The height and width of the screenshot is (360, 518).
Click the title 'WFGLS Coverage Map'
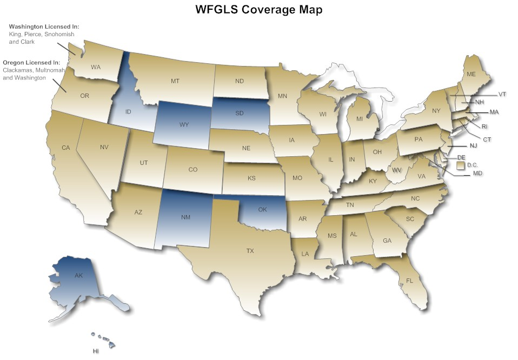point(259,10)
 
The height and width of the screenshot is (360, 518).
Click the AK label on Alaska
point(79,275)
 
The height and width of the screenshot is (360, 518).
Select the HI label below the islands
point(96,351)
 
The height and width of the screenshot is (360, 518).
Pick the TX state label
point(250,251)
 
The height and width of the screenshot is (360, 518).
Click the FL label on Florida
point(409,280)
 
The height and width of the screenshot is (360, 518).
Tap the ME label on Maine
point(471,74)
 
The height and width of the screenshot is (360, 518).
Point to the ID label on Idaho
point(129,112)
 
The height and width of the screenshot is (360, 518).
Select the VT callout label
point(502,95)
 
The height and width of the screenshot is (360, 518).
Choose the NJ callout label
point(473,146)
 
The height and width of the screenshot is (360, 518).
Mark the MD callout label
point(477,174)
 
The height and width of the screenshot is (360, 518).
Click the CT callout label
point(487,139)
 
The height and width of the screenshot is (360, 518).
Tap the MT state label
point(175,81)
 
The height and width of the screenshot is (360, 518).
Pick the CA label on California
point(66,148)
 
